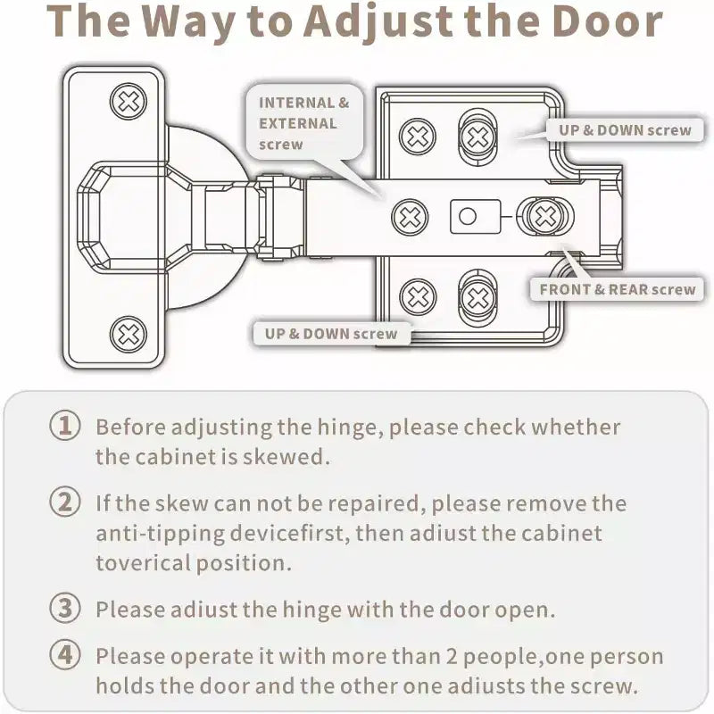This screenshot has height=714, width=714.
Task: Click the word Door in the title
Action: [x=608, y=21]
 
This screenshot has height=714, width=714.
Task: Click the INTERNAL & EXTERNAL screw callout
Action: [x=304, y=123]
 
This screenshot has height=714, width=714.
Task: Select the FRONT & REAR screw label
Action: [x=617, y=289]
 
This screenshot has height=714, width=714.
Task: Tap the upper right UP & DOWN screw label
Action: [x=625, y=130]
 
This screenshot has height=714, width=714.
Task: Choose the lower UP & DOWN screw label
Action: [x=331, y=334]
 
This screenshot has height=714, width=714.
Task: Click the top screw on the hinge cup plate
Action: [x=129, y=102]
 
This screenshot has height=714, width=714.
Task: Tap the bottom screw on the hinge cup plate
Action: [x=129, y=335]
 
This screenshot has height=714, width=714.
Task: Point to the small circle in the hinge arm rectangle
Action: [x=468, y=216]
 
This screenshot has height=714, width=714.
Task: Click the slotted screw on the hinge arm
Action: [x=544, y=216]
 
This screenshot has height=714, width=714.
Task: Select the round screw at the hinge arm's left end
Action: [x=410, y=217]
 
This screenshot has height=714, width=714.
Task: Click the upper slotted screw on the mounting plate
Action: [x=477, y=137]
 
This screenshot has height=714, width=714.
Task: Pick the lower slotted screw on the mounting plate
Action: [x=477, y=298]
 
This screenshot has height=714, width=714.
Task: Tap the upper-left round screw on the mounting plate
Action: [x=418, y=137]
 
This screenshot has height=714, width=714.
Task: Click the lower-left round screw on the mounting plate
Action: [x=418, y=297]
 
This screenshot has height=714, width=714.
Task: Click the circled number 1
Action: [x=65, y=426]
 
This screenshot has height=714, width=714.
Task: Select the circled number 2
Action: [x=65, y=502]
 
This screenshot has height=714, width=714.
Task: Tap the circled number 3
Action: [x=65, y=608]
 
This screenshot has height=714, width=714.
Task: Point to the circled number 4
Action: [x=65, y=655]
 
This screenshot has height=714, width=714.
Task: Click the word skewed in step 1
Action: [x=286, y=456]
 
